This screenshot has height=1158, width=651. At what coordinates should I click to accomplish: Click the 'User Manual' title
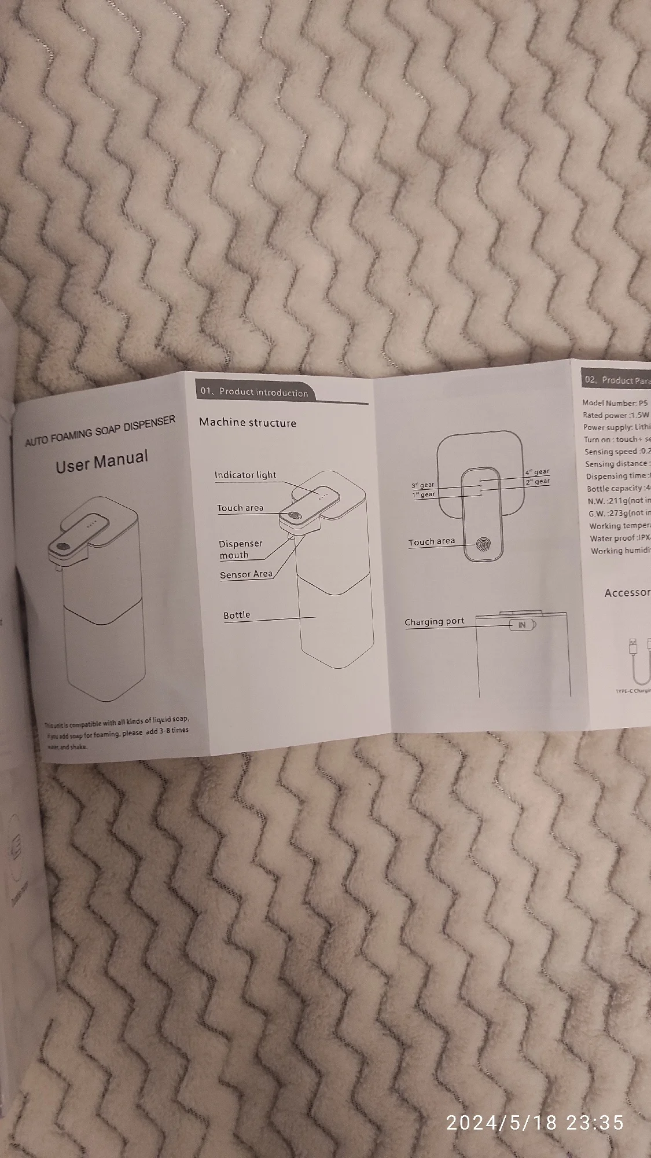coord(102,461)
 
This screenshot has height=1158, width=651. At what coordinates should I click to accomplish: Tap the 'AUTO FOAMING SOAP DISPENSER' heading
coord(100,430)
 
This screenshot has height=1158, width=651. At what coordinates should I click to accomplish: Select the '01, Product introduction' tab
coord(254,392)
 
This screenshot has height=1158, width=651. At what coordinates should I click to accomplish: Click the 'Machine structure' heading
coord(248,423)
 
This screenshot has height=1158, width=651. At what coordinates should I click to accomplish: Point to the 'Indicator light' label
coord(245,475)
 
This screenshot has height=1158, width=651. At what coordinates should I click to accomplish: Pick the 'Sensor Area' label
coord(246,574)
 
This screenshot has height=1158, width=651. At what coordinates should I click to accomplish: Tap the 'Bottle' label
coord(237,615)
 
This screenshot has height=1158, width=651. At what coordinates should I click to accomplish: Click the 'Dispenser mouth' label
coord(240,549)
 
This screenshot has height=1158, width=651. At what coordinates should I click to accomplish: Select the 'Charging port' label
coord(434,621)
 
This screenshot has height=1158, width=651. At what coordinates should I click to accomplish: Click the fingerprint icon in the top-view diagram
coord(482,544)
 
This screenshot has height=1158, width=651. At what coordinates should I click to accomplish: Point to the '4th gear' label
coord(537,471)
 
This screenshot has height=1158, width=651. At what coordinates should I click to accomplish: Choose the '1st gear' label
coord(424,494)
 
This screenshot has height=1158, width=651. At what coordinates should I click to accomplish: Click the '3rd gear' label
coord(423,485)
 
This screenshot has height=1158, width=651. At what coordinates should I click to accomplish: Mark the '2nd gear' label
coord(537,481)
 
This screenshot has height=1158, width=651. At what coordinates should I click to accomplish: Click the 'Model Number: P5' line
coord(616,403)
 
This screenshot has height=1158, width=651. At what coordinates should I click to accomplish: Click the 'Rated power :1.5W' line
coord(616,415)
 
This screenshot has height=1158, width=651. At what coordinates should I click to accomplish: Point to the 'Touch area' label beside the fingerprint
coord(432,541)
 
